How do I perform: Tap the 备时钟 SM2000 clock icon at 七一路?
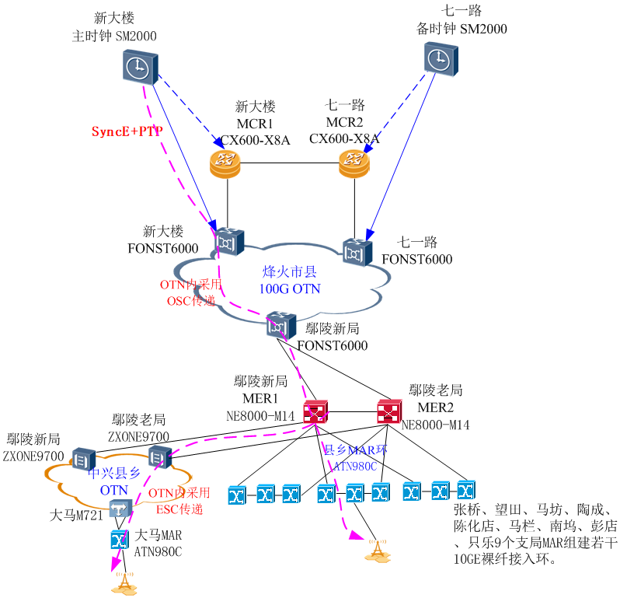(439, 58)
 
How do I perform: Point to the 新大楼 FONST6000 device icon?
(229, 242)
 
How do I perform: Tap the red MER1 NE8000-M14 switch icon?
(316, 411)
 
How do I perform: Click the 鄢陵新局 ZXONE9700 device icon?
(82, 458)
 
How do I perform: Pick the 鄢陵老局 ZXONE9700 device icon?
(158, 457)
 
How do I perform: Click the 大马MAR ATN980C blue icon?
(119, 538)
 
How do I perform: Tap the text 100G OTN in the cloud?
(289, 289)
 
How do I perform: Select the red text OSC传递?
(190, 300)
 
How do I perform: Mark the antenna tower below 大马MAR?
(123, 583)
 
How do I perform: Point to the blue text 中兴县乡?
(114, 474)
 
